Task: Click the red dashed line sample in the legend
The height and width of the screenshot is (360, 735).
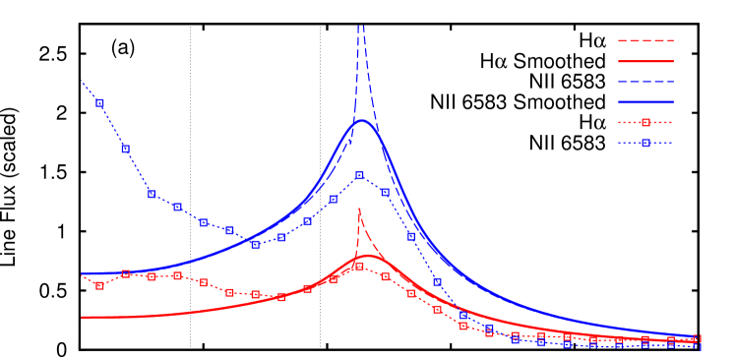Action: click(645, 40)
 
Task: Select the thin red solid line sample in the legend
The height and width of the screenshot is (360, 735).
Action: click(645, 61)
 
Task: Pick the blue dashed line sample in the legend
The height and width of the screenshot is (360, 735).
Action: click(645, 81)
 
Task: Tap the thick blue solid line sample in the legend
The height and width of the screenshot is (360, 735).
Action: click(645, 101)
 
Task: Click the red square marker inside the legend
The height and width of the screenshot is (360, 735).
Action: click(645, 122)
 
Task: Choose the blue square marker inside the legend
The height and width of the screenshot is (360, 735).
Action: click(645, 143)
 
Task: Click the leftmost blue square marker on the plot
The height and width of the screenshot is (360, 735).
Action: click(99, 102)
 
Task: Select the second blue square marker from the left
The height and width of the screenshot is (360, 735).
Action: click(125, 149)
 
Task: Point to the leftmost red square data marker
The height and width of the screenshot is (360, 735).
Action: click(99, 285)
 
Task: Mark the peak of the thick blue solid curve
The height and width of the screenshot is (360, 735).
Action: click(361, 121)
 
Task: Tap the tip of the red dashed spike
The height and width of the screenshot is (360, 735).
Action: click(359, 209)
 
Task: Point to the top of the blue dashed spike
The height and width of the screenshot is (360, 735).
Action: click(361, 27)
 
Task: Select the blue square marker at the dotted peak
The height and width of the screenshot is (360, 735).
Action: click(359, 175)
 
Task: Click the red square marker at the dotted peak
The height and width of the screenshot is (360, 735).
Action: click(359, 266)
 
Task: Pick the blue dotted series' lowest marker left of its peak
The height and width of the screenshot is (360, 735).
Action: click(255, 244)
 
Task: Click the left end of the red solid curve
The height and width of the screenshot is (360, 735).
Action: click(82, 317)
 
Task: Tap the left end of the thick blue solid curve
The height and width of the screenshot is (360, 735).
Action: click(82, 272)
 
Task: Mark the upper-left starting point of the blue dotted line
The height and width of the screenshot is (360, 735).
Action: click(82, 81)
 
